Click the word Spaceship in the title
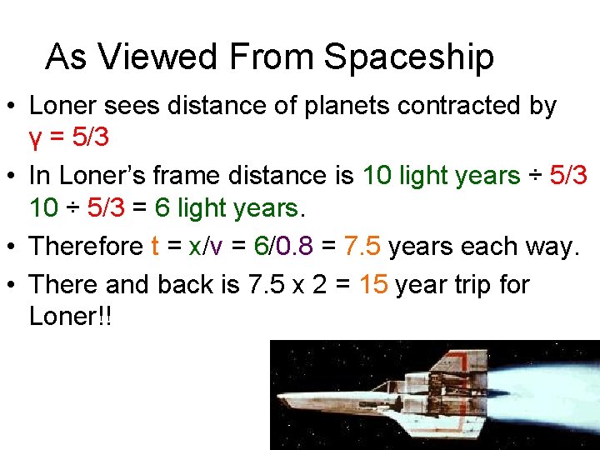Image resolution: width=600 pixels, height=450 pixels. (408, 57)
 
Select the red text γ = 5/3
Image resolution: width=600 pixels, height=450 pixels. (69, 137)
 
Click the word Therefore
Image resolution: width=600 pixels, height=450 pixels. (86, 246)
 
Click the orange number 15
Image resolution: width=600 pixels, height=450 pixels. (374, 285)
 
